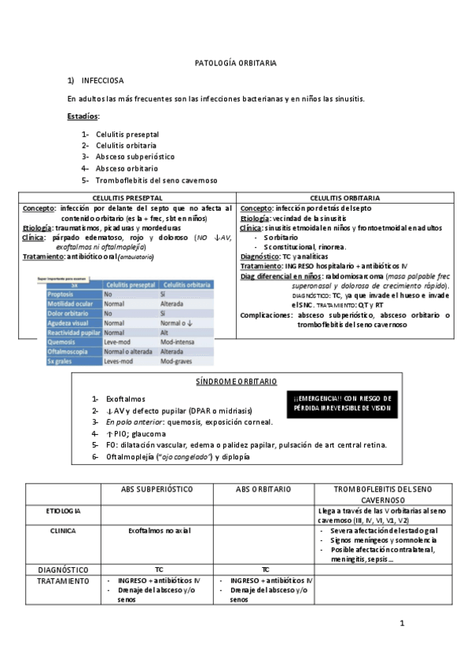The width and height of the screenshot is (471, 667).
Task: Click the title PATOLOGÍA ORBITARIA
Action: click(x=235, y=62)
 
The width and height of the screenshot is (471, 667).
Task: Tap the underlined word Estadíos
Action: click(x=83, y=116)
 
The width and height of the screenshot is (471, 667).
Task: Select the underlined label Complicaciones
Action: click(x=267, y=315)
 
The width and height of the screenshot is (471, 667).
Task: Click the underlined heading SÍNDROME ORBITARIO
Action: click(x=236, y=381)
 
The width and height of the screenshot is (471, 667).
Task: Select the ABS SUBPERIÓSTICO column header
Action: click(x=156, y=488)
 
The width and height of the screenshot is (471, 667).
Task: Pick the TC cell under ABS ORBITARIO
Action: click(x=264, y=568)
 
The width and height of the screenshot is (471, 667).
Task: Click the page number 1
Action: click(x=401, y=624)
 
